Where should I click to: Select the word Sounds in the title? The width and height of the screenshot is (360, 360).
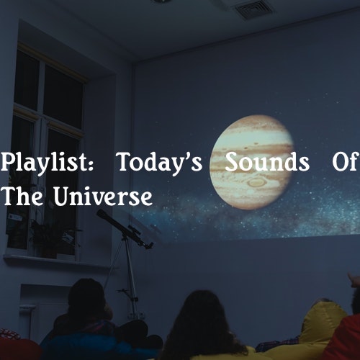pos(267,162)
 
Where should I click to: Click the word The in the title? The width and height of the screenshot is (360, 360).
pos(22,196)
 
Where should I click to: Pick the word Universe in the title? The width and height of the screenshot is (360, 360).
pos(103,196)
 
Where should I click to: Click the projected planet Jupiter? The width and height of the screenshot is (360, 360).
pos(252,162)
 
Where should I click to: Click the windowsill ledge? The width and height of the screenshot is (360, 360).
pos(58,261)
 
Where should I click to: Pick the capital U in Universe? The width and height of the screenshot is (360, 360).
pos(62,196)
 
